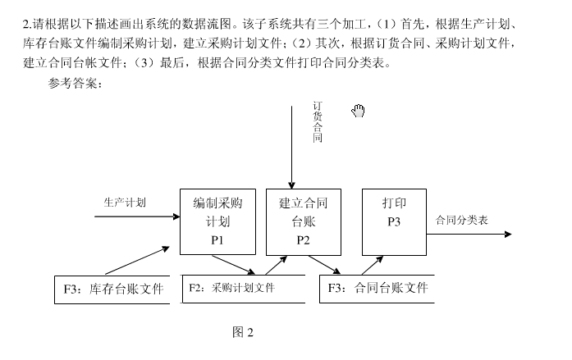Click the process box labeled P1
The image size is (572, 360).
point(217,221)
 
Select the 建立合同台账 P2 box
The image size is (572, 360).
point(303,221)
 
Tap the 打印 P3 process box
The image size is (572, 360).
point(394,221)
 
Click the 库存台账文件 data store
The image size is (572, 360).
point(112,289)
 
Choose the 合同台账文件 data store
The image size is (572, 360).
point(378,289)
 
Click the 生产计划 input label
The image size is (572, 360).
point(125,201)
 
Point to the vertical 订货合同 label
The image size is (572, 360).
point(318,122)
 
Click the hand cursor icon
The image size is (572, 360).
point(358,111)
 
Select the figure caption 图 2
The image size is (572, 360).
point(243,332)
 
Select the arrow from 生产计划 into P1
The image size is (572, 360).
point(137,216)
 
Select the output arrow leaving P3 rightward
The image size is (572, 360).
point(468,235)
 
